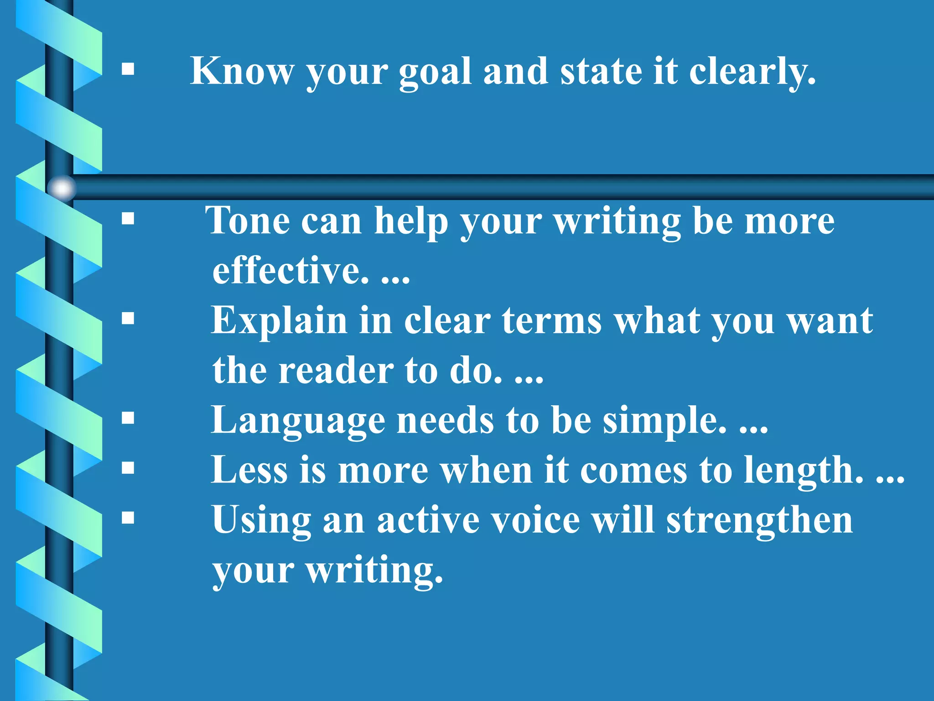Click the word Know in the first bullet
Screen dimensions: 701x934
[242, 71]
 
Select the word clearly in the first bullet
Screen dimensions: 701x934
[752, 73]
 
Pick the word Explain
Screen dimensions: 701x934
[279, 321]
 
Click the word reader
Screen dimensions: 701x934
[336, 371]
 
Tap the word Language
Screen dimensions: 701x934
[298, 421]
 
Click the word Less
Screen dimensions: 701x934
[249, 470]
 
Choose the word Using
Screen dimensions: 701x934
[261, 521]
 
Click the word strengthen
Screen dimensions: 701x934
[759, 520]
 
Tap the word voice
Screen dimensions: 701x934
[531, 520]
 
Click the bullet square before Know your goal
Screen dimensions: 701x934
[128, 69]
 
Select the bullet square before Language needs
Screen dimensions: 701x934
[128, 418]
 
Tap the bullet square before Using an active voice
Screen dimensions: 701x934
[128, 518]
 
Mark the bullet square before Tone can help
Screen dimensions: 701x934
[128, 219]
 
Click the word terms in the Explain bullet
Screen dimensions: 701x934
[552, 321]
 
